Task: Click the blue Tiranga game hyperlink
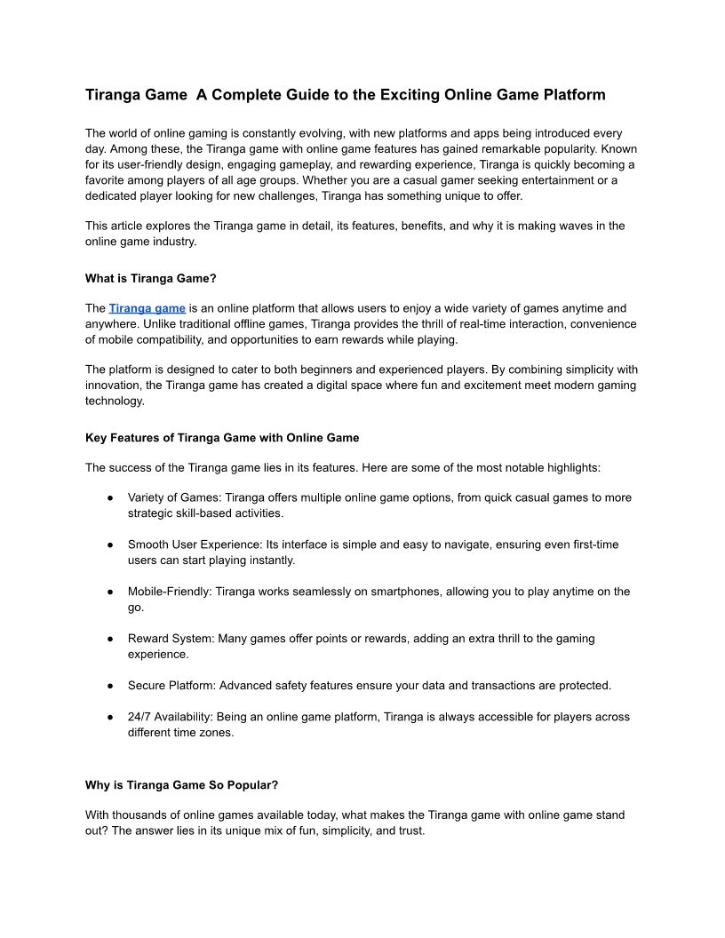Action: coord(147,308)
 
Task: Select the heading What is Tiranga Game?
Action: coord(150,278)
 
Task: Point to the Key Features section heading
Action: coord(222,437)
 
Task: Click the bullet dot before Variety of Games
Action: coord(109,498)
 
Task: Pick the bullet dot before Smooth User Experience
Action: coord(109,545)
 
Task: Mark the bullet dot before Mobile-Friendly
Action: coord(109,592)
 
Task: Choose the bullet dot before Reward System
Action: coord(109,639)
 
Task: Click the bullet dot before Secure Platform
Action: coord(109,686)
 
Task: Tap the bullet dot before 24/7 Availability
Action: coord(109,717)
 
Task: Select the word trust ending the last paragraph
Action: coord(411,831)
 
